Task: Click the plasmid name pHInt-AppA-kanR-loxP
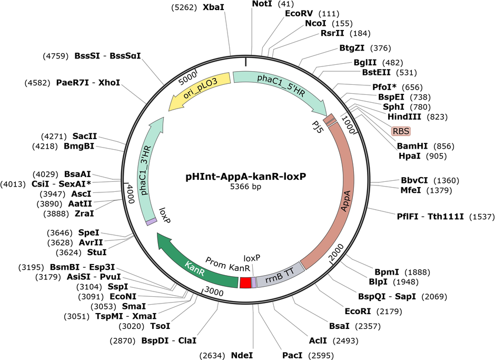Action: [245, 177]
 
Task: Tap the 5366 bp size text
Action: [245, 187]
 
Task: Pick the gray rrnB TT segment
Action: [280, 276]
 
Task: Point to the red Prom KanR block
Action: [245, 283]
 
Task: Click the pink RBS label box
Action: [401, 131]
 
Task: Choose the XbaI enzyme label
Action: [213, 7]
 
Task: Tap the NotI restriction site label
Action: [262, 4]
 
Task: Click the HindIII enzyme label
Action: [404, 116]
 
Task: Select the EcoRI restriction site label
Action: [358, 312]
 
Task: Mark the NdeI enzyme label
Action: [242, 355]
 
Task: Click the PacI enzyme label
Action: [292, 355]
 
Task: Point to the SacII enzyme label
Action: [85, 136]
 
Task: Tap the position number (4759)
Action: [56, 56]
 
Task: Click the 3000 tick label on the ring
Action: [214, 291]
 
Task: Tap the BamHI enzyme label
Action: [412, 146]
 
